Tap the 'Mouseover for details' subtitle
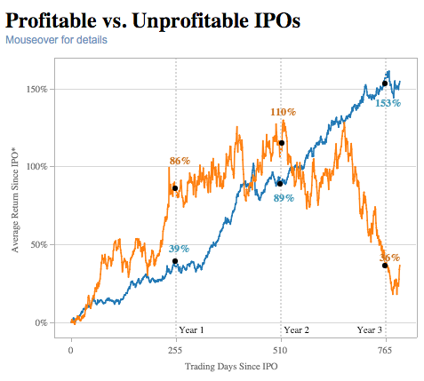coord(56,40)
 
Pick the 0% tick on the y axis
coord(41,322)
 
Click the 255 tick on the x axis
coord(176,351)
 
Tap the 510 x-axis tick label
coord(281,351)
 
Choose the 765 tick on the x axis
coord(386,351)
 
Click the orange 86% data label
coord(180,161)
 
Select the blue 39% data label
coord(179,249)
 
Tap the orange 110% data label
coord(283,112)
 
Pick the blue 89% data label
coord(284,198)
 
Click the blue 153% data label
coord(388,103)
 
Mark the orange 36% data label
coord(389,257)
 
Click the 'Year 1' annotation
coord(191,329)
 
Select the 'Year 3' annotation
coord(370,329)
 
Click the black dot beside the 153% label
coord(385,83)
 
